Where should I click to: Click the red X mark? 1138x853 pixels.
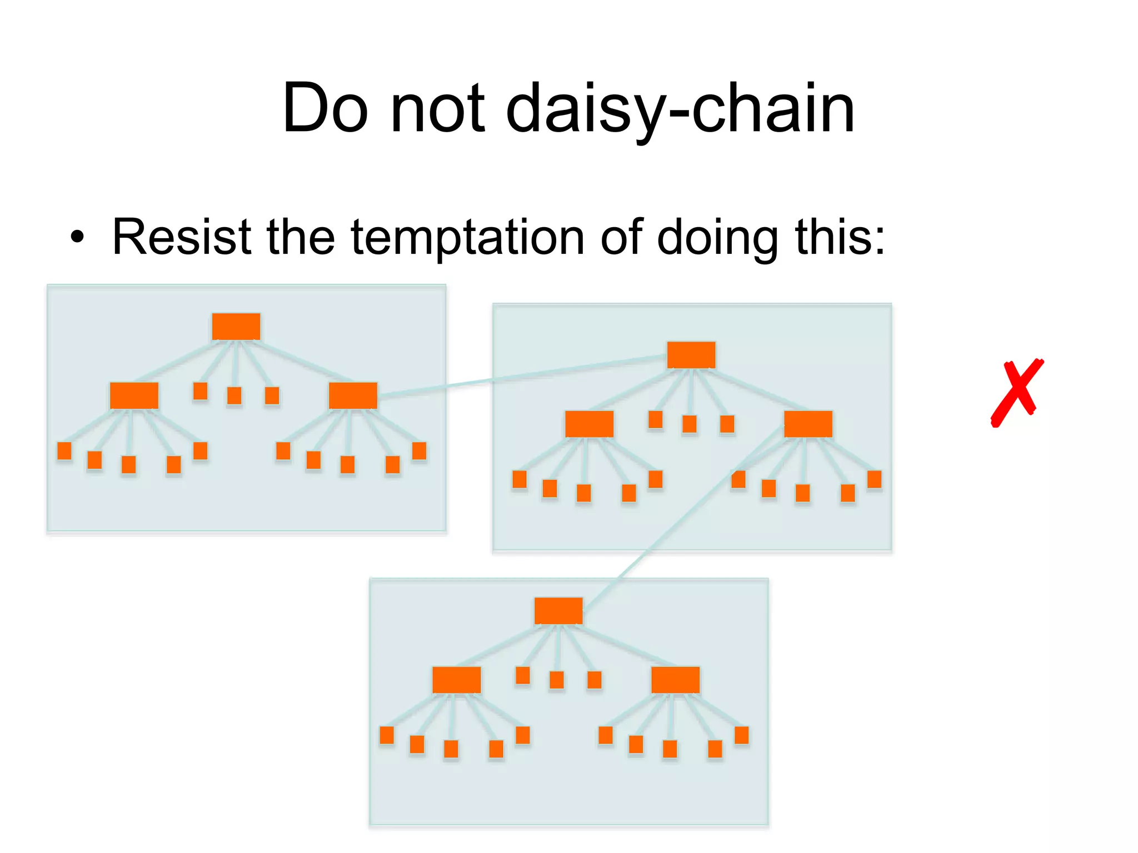coord(1016,393)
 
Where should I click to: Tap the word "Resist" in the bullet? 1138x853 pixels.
coord(182,237)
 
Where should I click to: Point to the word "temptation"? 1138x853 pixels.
coord(468,238)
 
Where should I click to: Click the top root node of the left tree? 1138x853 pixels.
coord(236,327)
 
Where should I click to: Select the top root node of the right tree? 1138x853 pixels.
coord(691,355)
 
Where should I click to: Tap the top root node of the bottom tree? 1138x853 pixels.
coord(558,611)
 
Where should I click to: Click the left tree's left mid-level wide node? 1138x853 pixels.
coord(134,395)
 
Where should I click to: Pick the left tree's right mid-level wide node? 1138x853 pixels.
coord(353,395)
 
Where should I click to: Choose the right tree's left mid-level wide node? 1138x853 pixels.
coord(589,424)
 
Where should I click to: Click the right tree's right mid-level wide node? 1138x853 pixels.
coord(808,424)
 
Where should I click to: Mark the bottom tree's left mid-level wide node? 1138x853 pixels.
coord(456,680)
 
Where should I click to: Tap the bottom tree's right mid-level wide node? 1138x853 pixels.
coord(675,680)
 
